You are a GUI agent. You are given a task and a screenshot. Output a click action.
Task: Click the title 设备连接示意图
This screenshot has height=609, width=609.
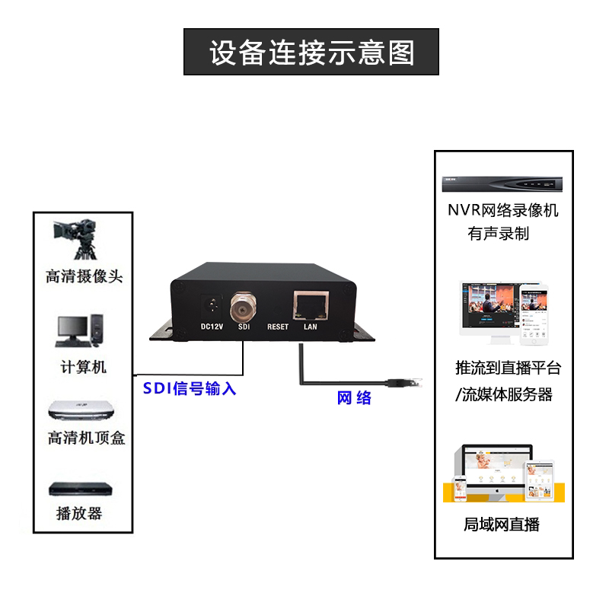tap(311, 53)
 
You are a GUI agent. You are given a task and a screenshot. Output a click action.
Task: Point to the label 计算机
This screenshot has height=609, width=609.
tap(83, 368)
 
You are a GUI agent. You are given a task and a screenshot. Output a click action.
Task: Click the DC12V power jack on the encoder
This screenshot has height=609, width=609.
tap(209, 308)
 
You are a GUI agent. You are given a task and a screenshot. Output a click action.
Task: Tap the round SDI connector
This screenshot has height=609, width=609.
tap(244, 306)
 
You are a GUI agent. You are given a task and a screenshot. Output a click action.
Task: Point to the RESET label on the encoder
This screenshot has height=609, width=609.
tap(278, 327)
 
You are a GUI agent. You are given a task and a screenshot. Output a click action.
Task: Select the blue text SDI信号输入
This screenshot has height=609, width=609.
tap(190, 388)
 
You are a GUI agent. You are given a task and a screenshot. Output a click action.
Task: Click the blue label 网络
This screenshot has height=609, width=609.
tap(354, 397)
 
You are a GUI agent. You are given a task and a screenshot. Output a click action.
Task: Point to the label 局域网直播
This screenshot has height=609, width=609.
tap(501, 525)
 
